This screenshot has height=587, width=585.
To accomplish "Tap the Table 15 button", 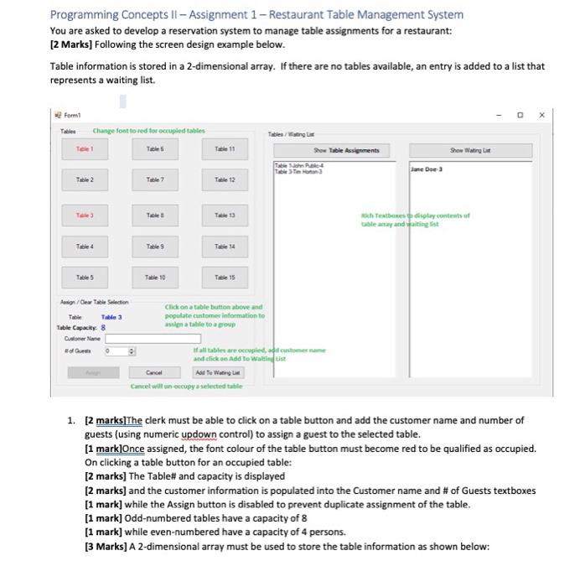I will click(220, 277).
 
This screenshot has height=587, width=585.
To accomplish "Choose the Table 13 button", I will click(220, 215).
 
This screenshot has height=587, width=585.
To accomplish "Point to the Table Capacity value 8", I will click(103, 327).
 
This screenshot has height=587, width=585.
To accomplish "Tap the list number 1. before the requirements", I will click(72, 420).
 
